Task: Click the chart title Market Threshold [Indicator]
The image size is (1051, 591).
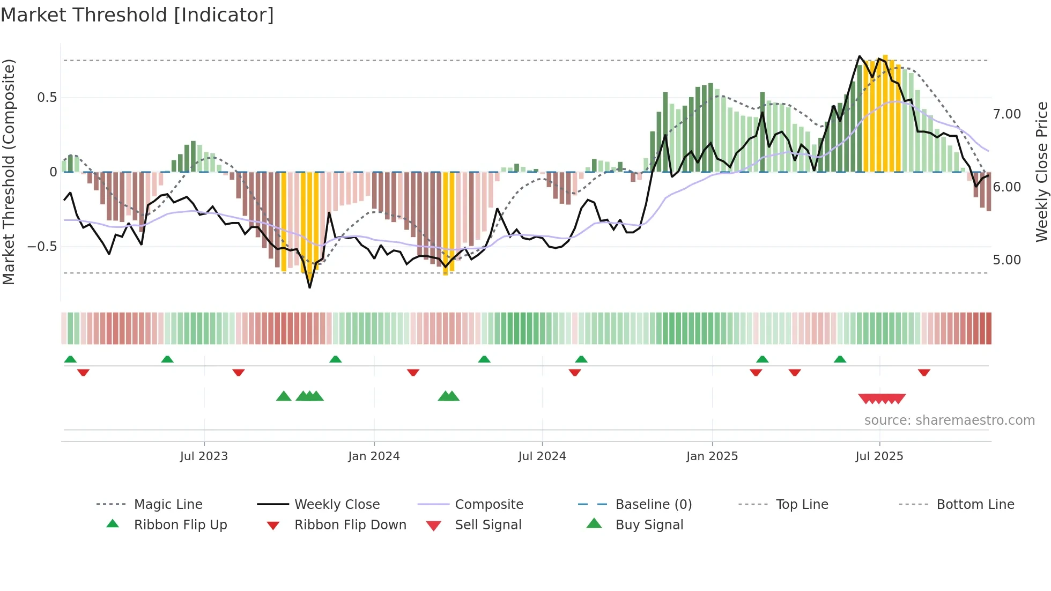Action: click(137, 15)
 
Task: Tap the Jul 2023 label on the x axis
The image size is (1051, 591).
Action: click(204, 456)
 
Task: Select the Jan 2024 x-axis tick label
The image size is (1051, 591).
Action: click(374, 456)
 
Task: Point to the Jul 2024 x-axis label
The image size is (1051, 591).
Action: click(542, 456)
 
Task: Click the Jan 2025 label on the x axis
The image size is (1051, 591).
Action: click(712, 456)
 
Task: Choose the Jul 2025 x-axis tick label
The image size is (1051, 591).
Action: click(879, 456)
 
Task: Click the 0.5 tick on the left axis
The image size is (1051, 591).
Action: click(47, 98)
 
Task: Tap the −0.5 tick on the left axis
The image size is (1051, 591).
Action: click(42, 247)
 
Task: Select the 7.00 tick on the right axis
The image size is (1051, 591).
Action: click(1007, 114)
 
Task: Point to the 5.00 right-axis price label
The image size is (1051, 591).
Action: click(1007, 260)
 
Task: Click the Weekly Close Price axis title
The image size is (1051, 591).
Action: click(1041, 172)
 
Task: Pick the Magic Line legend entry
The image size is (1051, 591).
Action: click(168, 505)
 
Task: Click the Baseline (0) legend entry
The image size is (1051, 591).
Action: click(653, 505)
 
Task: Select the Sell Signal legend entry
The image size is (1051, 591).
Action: click(488, 525)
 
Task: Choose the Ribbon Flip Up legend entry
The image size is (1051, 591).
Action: click(180, 525)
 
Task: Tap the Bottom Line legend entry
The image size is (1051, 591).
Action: click(975, 505)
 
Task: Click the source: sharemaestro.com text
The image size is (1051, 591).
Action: click(949, 420)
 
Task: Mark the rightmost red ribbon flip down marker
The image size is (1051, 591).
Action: click(924, 372)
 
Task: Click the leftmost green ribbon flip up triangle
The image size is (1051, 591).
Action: click(70, 359)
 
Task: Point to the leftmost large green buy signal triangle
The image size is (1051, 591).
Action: click(284, 396)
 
